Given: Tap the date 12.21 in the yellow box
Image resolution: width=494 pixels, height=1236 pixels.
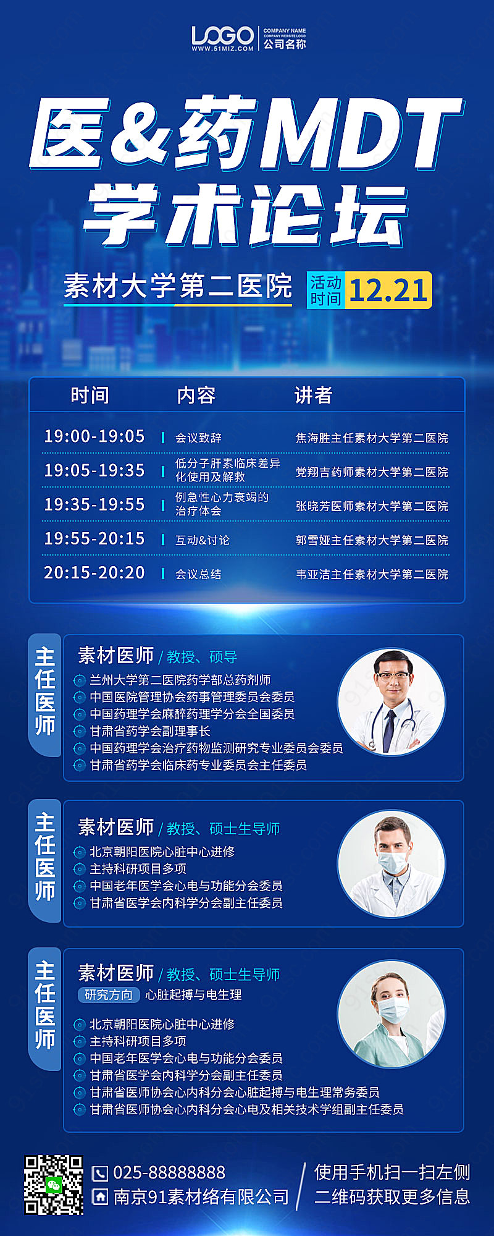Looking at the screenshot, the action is click(388, 290).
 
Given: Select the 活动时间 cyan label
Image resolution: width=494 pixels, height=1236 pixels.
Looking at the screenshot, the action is click(325, 290).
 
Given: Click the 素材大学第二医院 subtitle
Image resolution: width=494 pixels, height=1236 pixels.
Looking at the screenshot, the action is click(178, 286).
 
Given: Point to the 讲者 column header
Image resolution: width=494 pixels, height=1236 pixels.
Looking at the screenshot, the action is click(314, 396).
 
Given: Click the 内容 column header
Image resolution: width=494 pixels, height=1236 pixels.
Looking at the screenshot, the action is click(196, 396).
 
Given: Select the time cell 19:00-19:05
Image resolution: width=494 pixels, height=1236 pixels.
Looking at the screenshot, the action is click(94, 436).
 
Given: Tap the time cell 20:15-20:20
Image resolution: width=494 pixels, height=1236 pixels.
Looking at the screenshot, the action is click(94, 573).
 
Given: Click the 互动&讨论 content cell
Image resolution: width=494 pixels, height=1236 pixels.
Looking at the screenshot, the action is click(203, 540).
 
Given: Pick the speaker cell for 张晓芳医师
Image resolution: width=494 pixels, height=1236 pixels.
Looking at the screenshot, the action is click(372, 506).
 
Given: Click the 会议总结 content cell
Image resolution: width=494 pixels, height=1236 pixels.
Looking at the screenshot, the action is click(198, 574).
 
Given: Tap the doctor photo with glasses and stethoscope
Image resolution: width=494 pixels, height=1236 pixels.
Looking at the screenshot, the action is click(391, 702).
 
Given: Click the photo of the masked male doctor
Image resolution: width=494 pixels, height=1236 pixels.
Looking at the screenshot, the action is click(391, 863).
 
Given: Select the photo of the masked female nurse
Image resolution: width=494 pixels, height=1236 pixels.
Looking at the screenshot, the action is click(391, 1014).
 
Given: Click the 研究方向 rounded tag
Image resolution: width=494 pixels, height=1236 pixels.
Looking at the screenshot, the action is click(109, 994).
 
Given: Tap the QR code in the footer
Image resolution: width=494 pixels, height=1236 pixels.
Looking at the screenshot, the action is click(54, 1185).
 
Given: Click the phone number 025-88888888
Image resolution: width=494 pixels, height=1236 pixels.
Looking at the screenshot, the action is click(169, 1173).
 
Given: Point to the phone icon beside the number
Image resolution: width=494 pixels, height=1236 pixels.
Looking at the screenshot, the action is click(99, 1174).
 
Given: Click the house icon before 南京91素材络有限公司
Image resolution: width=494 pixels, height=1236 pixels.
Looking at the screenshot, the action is click(99, 1197).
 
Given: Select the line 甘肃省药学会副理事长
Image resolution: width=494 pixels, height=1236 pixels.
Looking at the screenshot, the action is click(150, 731).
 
